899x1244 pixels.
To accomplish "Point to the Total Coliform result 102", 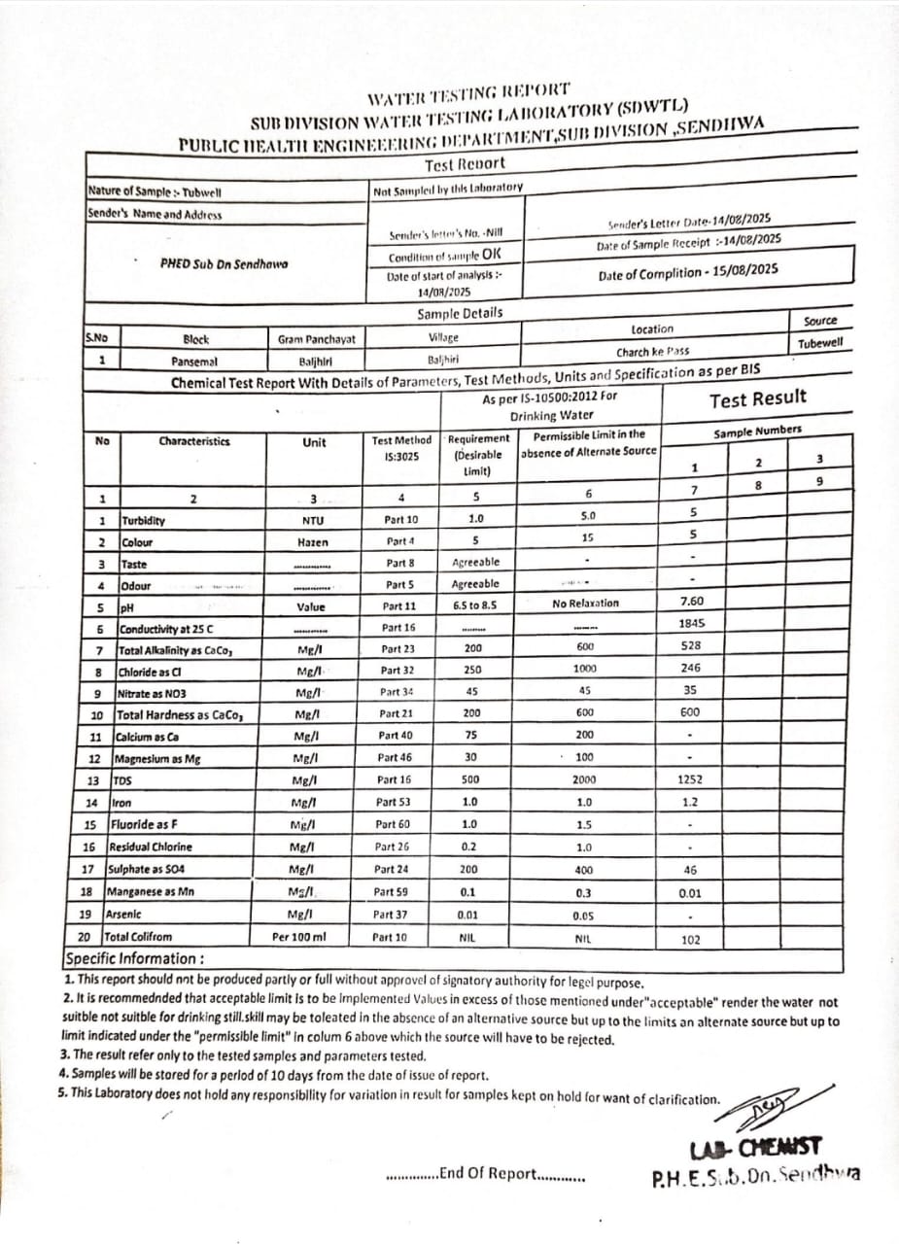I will click(x=690, y=940).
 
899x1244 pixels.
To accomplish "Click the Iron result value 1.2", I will click(x=690, y=802).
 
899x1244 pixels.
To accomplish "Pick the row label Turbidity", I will click(x=143, y=520).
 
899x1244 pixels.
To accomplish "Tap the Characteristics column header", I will click(x=194, y=441).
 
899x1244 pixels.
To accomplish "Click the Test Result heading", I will click(x=757, y=397).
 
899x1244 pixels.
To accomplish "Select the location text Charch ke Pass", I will click(x=650, y=352).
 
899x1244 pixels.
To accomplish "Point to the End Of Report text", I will click(x=486, y=1173).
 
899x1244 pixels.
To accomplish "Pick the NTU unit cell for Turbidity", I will click(x=313, y=520).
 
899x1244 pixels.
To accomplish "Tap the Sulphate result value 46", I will click(x=690, y=870).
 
